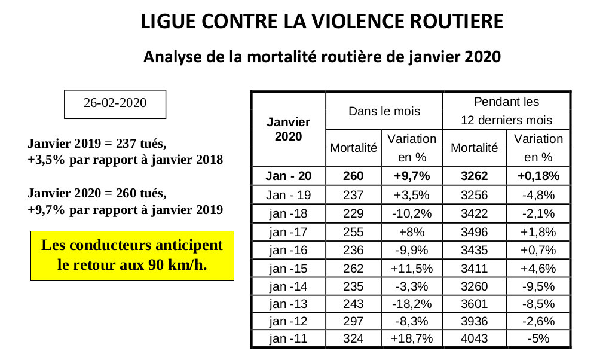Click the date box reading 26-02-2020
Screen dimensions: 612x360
[x=115, y=104]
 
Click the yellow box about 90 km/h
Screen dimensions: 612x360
[x=132, y=256]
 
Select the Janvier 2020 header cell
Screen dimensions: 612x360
[x=289, y=129]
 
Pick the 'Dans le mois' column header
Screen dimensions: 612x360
[x=384, y=111]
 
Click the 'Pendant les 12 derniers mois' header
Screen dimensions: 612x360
[x=506, y=111]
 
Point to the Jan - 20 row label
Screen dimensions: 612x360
[x=289, y=176]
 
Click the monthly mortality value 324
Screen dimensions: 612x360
[x=353, y=338]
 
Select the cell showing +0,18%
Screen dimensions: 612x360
[x=538, y=176]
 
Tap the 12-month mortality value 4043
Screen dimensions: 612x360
[x=474, y=338]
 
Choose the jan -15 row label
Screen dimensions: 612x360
[x=289, y=269]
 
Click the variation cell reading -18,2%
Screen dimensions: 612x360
[x=412, y=304]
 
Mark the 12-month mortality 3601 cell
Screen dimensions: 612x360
[x=474, y=304]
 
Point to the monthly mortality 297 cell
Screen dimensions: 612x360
[x=353, y=321]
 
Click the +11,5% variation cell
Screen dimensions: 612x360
[x=412, y=269]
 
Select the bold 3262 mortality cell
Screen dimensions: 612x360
[x=474, y=176]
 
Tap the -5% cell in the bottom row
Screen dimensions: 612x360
[x=538, y=338]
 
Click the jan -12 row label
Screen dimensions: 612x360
[x=289, y=321]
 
